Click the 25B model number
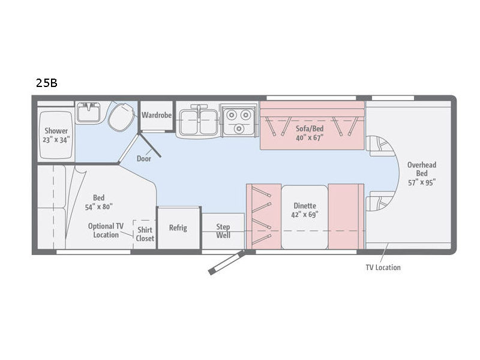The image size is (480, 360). tap(47, 83)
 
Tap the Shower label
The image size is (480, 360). tap(56, 131)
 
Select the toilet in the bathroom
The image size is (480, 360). tap(121, 117)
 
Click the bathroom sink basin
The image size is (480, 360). tap(88, 112)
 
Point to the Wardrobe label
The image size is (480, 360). tap(157, 115)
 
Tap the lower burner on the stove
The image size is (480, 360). tap(239, 128)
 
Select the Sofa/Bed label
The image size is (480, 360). tap(310, 128)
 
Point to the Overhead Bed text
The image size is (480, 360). tap(422, 169)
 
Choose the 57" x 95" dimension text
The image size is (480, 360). tap(422, 182)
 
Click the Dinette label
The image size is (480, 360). tap(305, 206)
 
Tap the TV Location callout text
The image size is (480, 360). tap(383, 268)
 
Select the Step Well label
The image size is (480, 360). tap(223, 231)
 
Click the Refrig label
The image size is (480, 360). tap(178, 228)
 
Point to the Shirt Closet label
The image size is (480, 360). tap(145, 234)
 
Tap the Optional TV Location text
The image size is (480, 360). tap(106, 230)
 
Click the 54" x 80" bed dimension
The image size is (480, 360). tap(98, 207)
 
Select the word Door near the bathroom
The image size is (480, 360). tap(144, 158)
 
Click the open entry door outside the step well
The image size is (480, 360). tap(227, 262)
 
